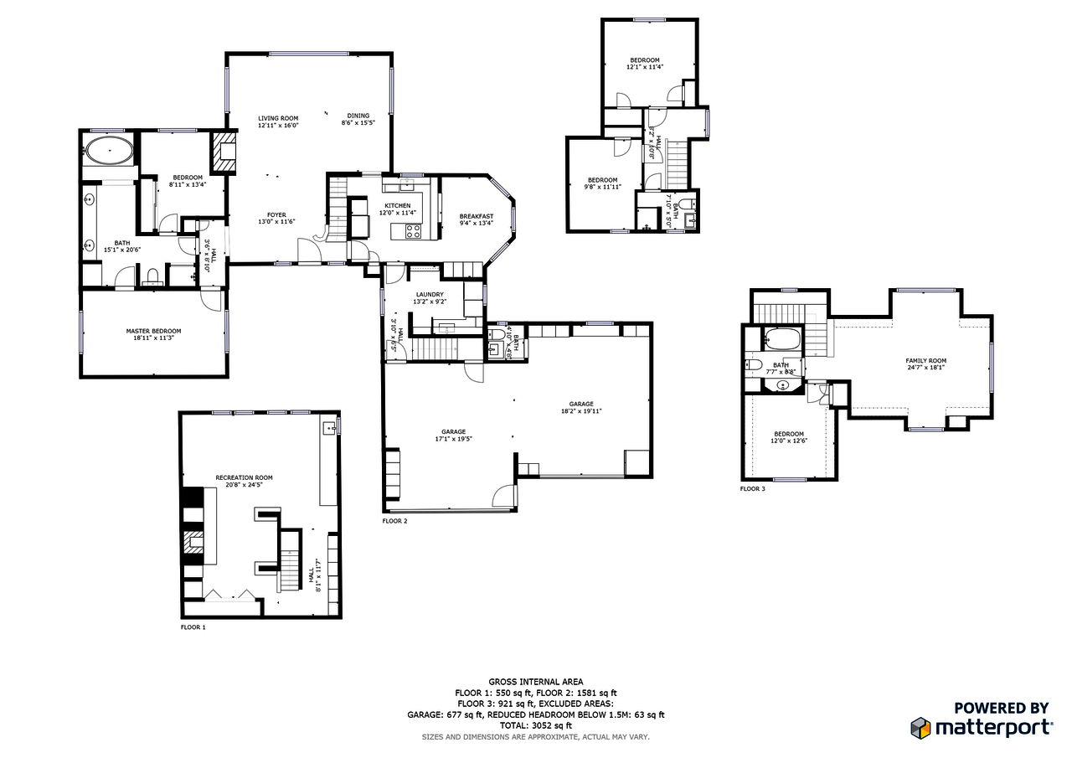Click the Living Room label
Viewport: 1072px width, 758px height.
pos(277,118)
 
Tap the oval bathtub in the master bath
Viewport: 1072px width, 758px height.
pos(109,152)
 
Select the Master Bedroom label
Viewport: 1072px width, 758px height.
pos(153,331)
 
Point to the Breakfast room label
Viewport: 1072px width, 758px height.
pos(476,216)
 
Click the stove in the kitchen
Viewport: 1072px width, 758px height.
pos(413,231)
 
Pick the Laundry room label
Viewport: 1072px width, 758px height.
pos(429,295)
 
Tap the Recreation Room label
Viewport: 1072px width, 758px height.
pos(244,477)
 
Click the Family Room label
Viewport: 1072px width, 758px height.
pos(925,360)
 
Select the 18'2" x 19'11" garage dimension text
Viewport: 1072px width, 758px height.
pos(581,411)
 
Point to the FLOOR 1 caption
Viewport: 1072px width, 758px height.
pos(193,627)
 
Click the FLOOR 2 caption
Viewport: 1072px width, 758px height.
pos(394,521)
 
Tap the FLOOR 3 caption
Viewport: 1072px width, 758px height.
pos(752,488)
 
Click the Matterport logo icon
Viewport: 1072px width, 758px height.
pos(920,727)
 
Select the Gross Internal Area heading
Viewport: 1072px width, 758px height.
pos(535,682)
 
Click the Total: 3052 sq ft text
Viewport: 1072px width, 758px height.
pos(535,725)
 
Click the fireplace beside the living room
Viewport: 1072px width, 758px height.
pos(224,152)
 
